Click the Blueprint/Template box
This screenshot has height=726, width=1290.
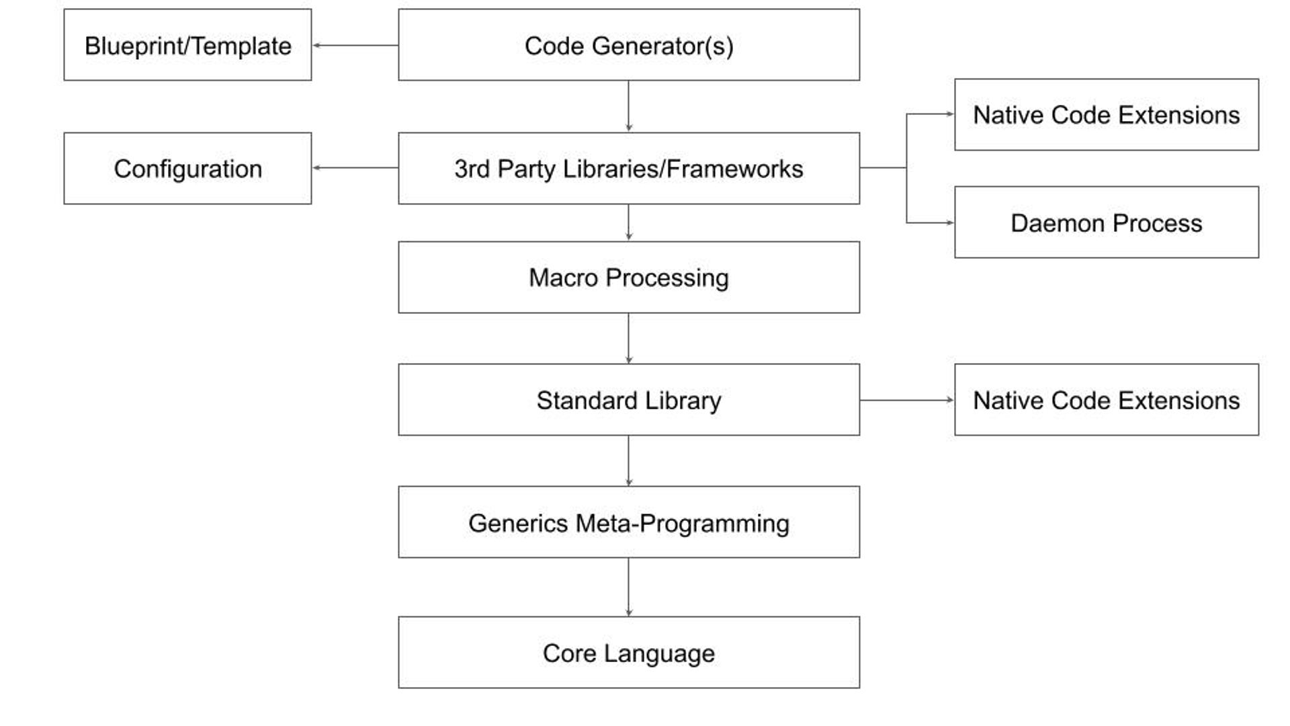187,45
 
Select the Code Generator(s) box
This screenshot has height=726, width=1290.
628,45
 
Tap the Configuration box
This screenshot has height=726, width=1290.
187,168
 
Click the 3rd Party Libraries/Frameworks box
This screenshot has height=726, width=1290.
628,168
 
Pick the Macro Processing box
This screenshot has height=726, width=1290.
628,277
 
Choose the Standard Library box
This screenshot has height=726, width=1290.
628,400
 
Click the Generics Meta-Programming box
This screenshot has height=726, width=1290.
628,522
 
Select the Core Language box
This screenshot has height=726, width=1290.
628,652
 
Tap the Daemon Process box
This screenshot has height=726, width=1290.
1106,223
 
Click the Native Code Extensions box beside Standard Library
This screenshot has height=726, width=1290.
1106,400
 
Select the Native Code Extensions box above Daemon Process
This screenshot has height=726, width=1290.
1106,114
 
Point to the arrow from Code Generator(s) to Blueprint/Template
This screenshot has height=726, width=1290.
355,45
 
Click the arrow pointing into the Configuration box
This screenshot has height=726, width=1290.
355,167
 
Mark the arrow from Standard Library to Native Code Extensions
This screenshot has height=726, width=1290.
906,400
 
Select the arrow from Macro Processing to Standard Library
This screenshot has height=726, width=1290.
628,338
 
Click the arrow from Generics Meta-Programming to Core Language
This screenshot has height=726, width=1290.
628,587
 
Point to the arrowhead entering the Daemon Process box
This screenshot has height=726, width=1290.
949,223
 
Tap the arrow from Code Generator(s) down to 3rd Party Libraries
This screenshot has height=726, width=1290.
628,106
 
